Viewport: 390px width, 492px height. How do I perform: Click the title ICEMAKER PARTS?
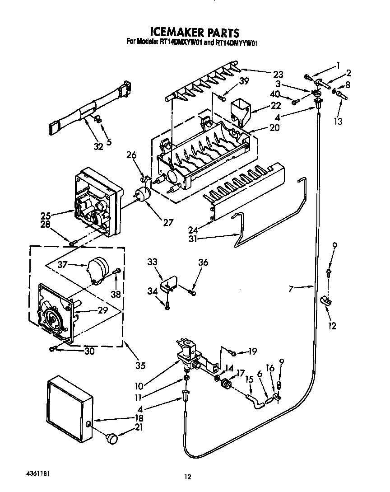pos(194,33)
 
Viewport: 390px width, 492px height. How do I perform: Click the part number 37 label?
pos(63,265)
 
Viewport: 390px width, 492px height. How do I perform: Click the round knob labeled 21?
pos(112,437)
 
